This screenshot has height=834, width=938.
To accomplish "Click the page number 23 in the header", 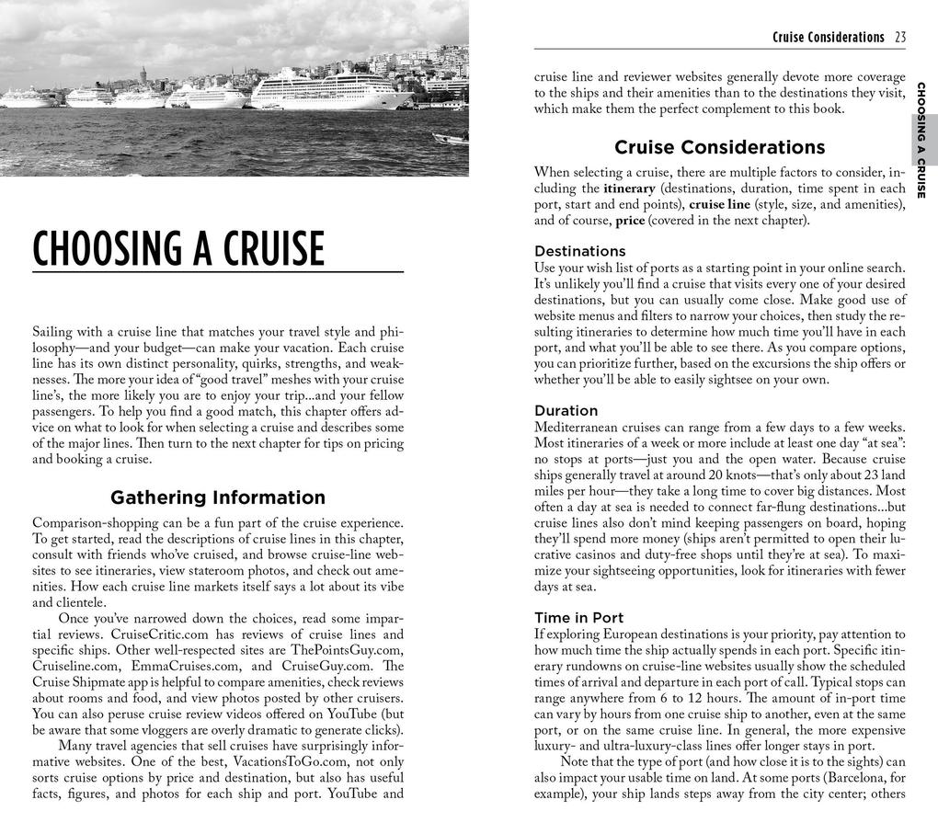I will (x=899, y=38).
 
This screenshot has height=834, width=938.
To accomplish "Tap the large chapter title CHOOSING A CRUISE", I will (x=178, y=249).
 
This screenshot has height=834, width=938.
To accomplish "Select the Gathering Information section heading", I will (x=218, y=497).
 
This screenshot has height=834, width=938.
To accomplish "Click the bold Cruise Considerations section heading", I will (x=719, y=147).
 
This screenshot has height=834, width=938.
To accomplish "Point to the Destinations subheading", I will (x=579, y=251).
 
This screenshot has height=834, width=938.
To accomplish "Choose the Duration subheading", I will (x=566, y=410).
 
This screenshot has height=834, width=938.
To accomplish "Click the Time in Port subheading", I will (x=578, y=617).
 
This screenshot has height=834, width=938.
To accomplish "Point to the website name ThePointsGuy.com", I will (x=350, y=650).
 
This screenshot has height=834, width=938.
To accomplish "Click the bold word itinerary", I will (x=628, y=189).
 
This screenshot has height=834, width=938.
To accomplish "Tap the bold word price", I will (x=630, y=221).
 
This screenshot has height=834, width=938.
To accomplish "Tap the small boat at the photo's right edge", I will (x=450, y=138).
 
